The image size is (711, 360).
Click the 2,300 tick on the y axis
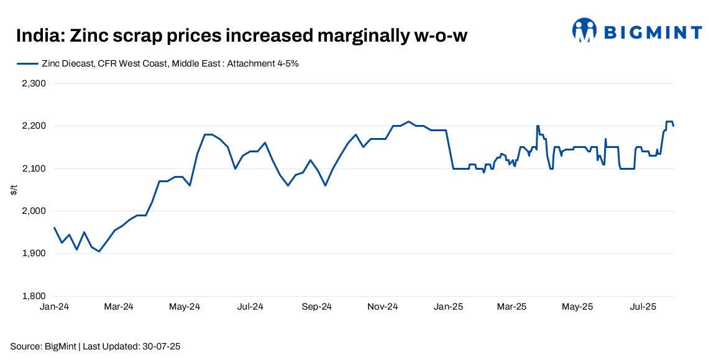click(x=34, y=83)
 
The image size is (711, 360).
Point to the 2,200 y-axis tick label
click(x=34, y=126)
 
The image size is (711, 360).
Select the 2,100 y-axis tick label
click(x=34, y=168)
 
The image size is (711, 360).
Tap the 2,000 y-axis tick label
click(x=34, y=211)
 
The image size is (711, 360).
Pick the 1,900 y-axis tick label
click(x=34, y=254)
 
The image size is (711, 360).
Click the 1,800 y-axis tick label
click(x=34, y=296)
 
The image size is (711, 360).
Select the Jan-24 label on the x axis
click(x=54, y=307)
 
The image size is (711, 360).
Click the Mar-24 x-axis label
click(x=119, y=307)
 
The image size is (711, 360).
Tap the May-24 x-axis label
click(x=185, y=307)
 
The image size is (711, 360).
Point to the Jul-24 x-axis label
click(x=250, y=307)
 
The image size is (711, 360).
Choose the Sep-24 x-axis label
click(x=316, y=307)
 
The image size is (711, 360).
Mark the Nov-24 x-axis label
click(x=383, y=307)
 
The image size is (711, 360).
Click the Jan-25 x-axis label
click(x=448, y=307)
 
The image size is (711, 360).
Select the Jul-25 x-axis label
click(x=643, y=307)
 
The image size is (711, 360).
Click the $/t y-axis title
click(x=14, y=190)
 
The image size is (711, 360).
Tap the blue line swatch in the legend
click(x=27, y=63)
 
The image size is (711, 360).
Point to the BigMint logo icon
click(x=585, y=30)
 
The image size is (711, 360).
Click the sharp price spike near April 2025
click(x=537, y=126)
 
